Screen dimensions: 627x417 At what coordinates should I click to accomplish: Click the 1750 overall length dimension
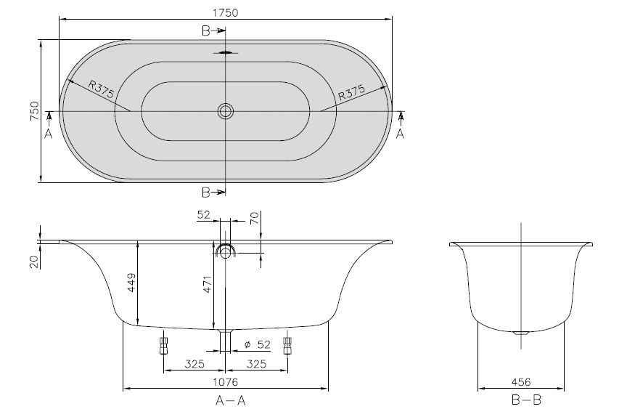point(225,13)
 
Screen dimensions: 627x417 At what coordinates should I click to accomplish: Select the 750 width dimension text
point(35,111)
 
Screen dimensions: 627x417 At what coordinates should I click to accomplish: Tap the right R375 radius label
point(352,92)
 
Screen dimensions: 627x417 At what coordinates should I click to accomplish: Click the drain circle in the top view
point(226,111)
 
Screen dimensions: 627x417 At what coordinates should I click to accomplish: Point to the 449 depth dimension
point(131,283)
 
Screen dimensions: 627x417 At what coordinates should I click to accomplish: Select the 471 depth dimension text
point(207,283)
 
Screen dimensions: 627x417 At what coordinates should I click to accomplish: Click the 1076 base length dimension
point(225,382)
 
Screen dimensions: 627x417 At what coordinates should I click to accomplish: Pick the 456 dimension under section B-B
point(521,382)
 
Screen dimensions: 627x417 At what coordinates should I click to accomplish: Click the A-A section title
point(230,400)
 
